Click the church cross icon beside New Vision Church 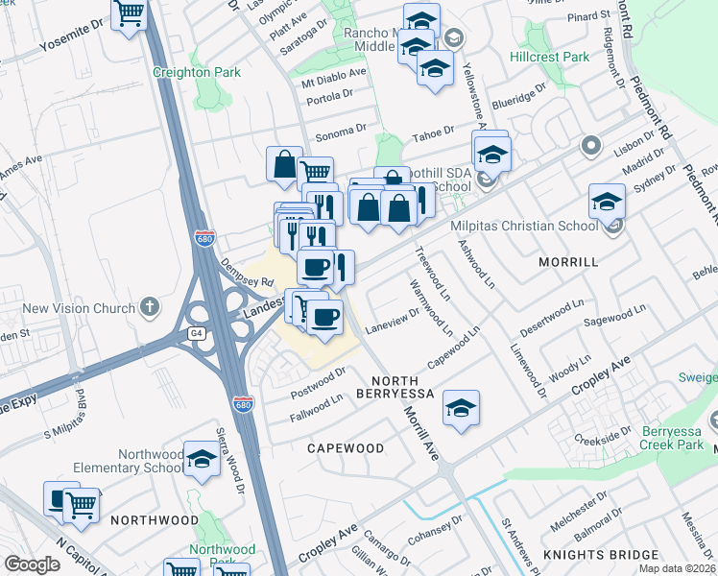[x=148, y=307]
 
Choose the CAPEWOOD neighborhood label [x=346, y=448]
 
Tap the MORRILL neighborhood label [x=568, y=261]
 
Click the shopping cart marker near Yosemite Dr [x=129, y=14]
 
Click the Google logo [x=32, y=564]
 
